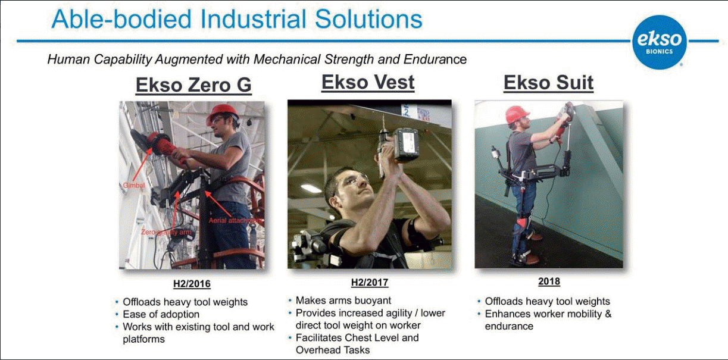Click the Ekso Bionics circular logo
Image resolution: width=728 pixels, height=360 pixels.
click(660, 42)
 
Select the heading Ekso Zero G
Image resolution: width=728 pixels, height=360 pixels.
click(193, 85)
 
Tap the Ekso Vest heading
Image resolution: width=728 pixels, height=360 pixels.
click(368, 82)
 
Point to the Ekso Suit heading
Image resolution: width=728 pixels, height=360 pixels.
click(549, 83)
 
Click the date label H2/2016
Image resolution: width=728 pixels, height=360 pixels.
click(192, 284)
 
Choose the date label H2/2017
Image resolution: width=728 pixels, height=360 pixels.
click(370, 282)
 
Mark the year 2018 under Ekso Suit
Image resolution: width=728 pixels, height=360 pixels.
click(549, 281)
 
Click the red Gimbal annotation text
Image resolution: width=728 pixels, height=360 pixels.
click(133, 186)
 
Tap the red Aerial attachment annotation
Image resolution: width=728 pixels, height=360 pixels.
click(236, 221)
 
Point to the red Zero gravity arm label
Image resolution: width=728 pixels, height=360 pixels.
click(165, 232)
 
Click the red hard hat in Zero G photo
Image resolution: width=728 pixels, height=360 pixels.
click(222, 114)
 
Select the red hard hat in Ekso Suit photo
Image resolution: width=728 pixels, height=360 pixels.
click(517, 114)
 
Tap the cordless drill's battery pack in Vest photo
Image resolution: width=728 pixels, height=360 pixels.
click(406, 145)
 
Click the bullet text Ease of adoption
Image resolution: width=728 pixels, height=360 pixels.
click(161, 315)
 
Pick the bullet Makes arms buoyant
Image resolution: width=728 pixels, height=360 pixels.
click(343, 300)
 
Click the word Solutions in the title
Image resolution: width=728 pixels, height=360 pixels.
click(368, 19)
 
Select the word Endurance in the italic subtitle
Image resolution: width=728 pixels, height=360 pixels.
click(435, 60)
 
